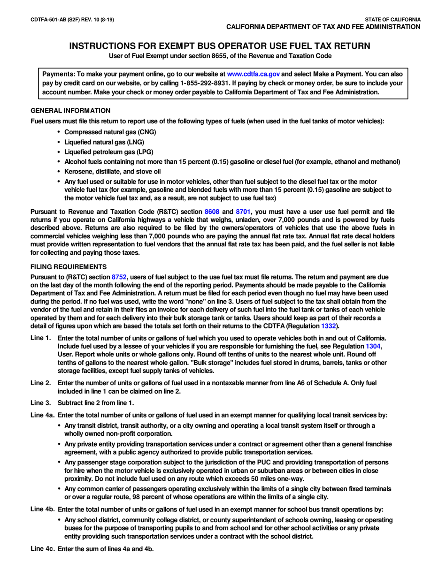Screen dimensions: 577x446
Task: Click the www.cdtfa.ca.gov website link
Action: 254,74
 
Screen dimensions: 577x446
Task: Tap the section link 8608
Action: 212,212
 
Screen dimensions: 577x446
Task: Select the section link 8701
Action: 243,212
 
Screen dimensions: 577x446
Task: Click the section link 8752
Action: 119,277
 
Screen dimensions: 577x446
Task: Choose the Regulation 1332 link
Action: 328,326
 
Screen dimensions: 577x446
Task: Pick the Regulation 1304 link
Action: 373,346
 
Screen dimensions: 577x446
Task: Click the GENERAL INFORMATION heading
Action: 70,111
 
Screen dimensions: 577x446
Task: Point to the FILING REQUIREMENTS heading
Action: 69,267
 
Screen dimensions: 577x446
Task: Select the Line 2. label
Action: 40,383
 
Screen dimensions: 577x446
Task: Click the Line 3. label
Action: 40,403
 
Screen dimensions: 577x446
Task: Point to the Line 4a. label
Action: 42,415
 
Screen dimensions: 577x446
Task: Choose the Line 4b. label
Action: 42,509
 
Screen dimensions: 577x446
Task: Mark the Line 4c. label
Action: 42,549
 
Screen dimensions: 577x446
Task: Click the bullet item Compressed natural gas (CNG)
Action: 110,132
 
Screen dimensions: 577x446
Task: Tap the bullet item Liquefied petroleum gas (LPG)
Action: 108,152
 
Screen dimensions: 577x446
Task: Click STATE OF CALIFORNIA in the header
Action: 392,20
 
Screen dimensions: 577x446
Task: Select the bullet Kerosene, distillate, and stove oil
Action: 112,172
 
